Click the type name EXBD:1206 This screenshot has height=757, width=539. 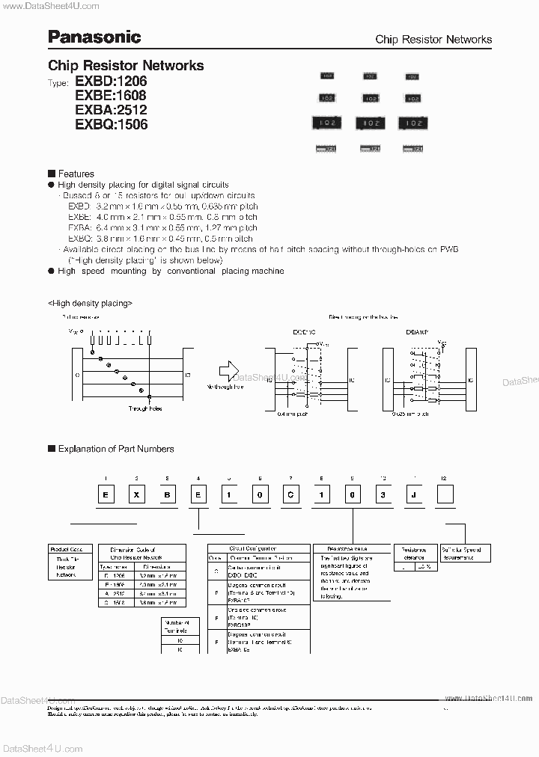click(x=111, y=81)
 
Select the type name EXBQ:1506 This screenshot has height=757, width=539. click(x=111, y=124)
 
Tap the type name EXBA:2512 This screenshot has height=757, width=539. click(x=111, y=110)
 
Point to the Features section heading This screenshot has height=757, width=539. click(x=76, y=174)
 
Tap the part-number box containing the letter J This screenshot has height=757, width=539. click(x=413, y=495)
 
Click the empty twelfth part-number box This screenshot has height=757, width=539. click(x=445, y=495)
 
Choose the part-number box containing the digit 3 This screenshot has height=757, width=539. click(x=383, y=495)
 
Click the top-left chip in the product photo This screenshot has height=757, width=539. click(x=327, y=76)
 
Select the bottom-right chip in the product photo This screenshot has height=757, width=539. click(x=412, y=149)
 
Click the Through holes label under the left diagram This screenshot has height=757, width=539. click(x=144, y=408)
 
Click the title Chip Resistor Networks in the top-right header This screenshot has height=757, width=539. click(x=433, y=39)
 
